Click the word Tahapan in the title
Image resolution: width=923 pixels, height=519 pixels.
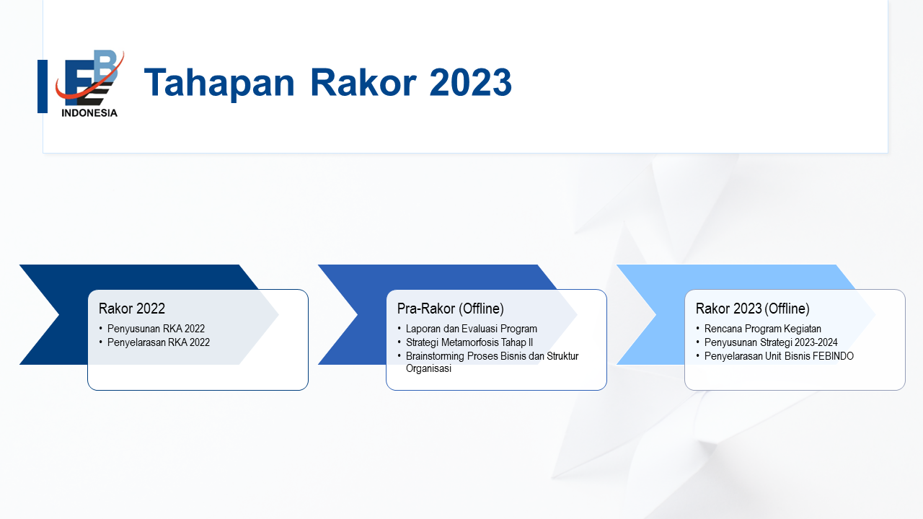coord(219,83)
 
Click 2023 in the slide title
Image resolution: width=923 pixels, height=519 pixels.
coord(471,82)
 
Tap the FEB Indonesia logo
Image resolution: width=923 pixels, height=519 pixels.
coord(90,84)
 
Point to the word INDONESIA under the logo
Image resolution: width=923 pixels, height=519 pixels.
coord(89,113)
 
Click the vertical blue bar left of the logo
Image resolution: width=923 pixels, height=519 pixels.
coord(43,86)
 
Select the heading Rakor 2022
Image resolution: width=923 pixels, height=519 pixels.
coord(132,309)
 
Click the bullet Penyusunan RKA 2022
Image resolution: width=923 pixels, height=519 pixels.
coord(156,329)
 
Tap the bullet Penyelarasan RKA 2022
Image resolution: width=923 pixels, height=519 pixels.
coord(158,342)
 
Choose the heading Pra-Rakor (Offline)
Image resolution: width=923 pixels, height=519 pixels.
coord(451,309)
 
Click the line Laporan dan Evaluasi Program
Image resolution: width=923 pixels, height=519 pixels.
coord(472,329)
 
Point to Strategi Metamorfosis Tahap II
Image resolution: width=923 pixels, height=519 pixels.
coord(469,342)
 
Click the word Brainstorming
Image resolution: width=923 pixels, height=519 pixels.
coord(435,356)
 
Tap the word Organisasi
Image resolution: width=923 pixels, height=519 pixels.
coord(428,368)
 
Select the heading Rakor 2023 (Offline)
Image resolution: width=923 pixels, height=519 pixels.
coord(752,309)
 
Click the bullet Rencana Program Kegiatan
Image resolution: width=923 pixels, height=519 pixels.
coord(763,329)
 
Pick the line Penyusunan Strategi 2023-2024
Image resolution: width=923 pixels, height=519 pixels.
coord(771,342)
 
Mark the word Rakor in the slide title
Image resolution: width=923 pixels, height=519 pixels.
coord(363,82)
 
